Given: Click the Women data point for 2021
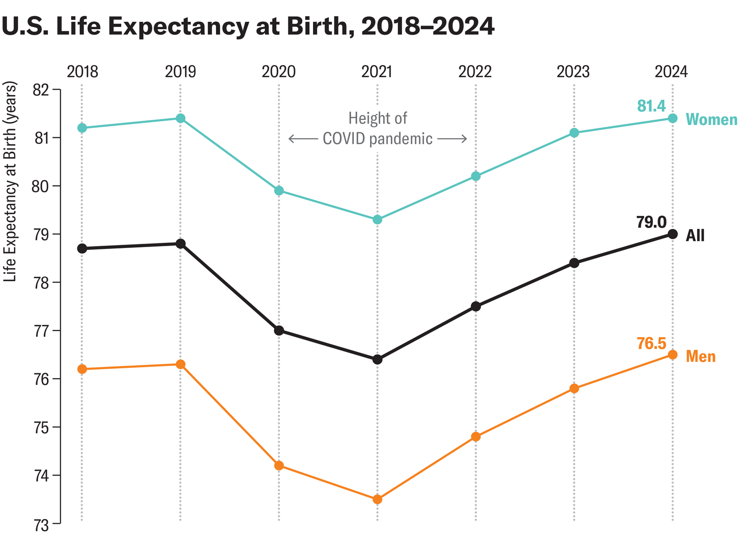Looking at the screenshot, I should pos(378,220).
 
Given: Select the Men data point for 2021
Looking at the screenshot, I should pos(378,499).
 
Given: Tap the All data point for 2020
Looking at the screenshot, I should pos(279,331).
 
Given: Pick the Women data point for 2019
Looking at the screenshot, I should pos(181,118).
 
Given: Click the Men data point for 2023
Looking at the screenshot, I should pos(574,388).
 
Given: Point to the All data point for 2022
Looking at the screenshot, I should pos(476,307).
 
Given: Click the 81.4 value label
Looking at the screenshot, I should pos(652,106).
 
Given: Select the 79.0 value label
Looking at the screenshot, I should pos(651,222).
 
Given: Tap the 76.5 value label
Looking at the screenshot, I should pos(651,344).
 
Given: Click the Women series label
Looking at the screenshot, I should pos(711,120).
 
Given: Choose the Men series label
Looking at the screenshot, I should pos(701,357).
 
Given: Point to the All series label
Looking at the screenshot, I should pos(695,236).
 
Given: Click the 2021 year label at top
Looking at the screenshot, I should pos(377,72).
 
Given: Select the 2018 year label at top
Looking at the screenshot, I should pos(82,72).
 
